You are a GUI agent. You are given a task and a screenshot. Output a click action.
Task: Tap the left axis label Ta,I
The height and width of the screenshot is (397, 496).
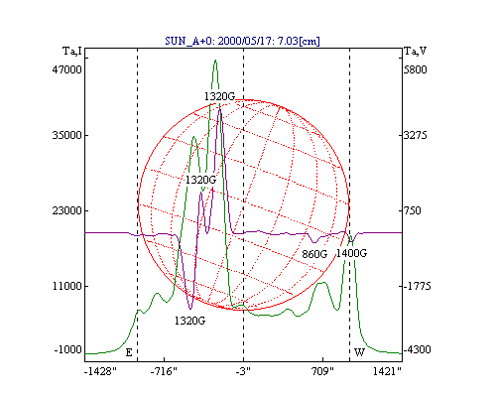tap(72, 52)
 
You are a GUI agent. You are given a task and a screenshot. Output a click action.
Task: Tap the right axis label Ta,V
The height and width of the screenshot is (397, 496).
tap(416, 52)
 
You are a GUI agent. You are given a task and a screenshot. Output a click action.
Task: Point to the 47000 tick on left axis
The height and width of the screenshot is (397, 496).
tap(66, 69)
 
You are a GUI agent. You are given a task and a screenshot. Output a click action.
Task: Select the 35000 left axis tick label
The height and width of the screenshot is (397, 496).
tap(66, 135)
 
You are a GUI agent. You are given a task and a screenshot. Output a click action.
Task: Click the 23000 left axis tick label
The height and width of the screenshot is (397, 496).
tap(66, 210)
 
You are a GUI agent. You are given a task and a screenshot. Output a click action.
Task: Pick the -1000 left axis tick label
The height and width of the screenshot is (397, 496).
tap(68, 349)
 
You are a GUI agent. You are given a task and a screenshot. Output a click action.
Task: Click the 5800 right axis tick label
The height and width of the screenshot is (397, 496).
tap(416, 69)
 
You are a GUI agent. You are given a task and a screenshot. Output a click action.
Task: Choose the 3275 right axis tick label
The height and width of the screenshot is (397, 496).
tap(416, 135)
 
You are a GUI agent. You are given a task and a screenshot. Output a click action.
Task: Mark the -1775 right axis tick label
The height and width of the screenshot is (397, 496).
tap(418, 286)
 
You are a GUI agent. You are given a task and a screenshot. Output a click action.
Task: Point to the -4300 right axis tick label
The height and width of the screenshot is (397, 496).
tap(418, 349)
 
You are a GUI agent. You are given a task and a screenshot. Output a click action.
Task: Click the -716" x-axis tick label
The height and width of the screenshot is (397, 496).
tap(164, 371)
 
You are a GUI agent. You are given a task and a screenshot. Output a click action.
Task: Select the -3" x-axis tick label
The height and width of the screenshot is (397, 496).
tap(243, 371)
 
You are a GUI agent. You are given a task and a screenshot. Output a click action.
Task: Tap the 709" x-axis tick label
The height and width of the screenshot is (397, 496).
tap(323, 371)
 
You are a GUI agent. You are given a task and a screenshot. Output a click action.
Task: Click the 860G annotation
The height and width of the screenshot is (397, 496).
tap(314, 254)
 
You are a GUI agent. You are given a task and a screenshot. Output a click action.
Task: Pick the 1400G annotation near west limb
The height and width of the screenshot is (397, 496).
tap(351, 253)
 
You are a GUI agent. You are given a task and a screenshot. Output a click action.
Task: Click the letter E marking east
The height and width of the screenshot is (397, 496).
tap(129, 353)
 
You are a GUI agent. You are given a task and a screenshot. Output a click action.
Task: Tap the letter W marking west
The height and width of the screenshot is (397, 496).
tap(359, 352)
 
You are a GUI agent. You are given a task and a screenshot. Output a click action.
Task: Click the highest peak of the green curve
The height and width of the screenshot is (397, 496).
tap(215, 61)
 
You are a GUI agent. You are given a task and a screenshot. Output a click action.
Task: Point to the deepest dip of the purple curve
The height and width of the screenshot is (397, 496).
tap(190, 309)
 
